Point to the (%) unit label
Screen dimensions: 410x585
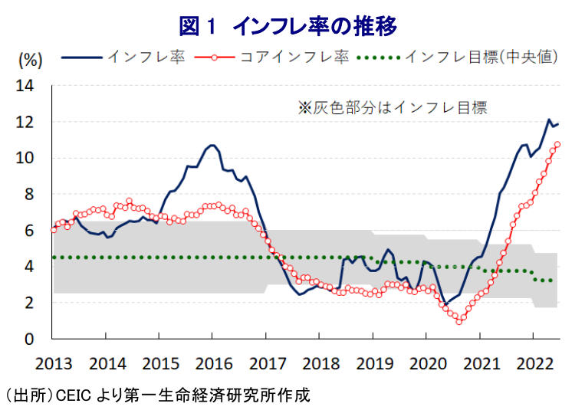click(30, 58)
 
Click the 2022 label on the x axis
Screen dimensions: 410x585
click(534, 361)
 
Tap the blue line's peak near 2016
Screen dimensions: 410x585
click(212, 145)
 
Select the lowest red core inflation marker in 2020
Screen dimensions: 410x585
click(459, 321)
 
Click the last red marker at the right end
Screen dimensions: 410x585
click(557, 144)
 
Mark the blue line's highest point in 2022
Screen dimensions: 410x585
click(549, 120)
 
